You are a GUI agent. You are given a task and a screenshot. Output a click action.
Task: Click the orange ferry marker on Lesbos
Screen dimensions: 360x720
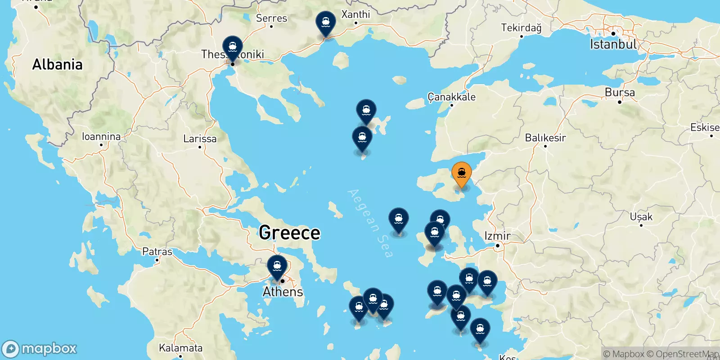461,173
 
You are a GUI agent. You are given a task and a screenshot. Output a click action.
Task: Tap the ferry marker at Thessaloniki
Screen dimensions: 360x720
232,47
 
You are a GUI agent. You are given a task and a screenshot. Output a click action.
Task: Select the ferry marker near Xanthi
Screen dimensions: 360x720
325,22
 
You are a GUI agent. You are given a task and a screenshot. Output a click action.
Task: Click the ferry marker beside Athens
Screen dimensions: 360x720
277,266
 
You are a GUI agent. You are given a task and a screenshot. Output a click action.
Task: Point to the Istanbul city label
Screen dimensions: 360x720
613,44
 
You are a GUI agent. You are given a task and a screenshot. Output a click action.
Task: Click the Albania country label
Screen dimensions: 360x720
57,65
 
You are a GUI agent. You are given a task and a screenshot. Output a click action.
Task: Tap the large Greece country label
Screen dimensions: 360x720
289,233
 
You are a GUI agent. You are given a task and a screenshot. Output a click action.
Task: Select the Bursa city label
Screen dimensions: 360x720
620,93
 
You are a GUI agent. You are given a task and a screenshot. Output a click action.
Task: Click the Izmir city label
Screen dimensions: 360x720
497,236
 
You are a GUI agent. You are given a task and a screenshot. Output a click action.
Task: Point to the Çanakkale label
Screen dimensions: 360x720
451,97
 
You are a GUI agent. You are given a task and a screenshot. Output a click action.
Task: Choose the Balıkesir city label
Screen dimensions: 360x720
545,138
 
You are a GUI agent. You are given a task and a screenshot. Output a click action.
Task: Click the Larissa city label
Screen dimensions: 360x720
200,139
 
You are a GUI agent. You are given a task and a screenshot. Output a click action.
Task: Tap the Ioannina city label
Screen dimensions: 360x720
101,136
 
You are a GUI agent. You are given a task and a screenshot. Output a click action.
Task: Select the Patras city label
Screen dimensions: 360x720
157,252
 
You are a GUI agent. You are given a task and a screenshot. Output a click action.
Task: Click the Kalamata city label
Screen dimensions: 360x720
180,348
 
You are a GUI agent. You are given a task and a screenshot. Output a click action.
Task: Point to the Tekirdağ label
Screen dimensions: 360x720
521,28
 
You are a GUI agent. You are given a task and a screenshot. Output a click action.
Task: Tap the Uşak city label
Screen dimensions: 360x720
641,217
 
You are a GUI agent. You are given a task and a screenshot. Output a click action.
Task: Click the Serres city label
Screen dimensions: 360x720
271,18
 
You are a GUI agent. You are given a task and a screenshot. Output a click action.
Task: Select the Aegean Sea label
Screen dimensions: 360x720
370,224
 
